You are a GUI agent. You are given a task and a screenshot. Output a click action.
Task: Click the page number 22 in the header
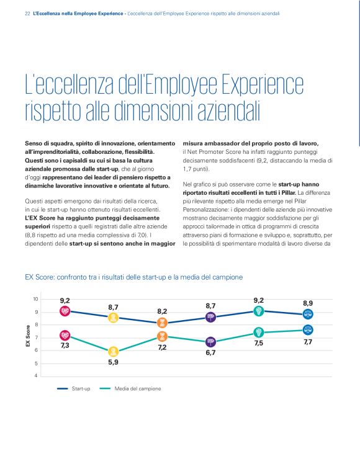point(27,12)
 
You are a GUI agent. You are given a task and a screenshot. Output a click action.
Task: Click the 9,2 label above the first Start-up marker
point(65,301)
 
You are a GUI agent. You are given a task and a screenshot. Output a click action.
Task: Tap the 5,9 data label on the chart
point(113,362)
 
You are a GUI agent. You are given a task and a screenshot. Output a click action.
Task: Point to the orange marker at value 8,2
point(162,323)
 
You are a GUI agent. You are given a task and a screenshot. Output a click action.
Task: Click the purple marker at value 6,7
point(210,342)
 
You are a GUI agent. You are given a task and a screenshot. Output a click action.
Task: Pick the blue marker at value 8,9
point(308,315)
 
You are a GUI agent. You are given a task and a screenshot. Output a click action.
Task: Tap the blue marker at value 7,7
point(308,330)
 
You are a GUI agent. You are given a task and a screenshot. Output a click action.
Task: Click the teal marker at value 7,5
point(259,332)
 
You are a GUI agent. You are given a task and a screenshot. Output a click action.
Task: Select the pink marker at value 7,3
point(65,336)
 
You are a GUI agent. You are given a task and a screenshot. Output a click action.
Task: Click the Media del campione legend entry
point(138,388)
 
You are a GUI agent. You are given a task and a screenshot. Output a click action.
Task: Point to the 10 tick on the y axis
point(36,300)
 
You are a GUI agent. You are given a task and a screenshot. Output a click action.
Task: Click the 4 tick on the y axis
point(37,376)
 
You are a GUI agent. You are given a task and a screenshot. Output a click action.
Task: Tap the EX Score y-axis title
point(27,337)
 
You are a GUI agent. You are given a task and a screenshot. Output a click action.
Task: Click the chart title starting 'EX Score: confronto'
point(133,277)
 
